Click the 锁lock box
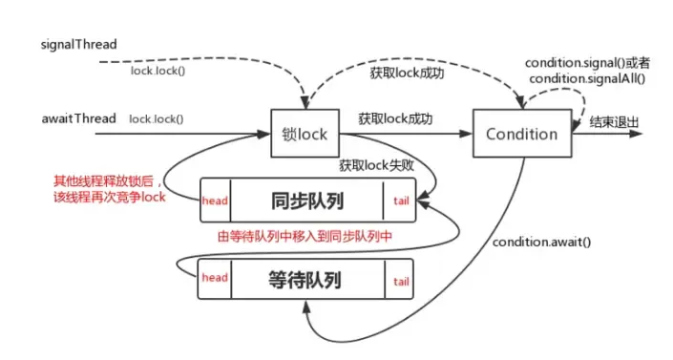coord(305,134)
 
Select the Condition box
coord(521,134)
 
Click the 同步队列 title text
coord(306,201)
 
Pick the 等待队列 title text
coord(306,280)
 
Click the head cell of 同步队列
coord(215,201)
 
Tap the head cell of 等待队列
coord(215,278)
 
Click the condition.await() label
coord(542,241)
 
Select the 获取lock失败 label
coord(374,165)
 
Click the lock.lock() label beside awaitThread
coord(157,119)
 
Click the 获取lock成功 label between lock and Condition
coord(395,119)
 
